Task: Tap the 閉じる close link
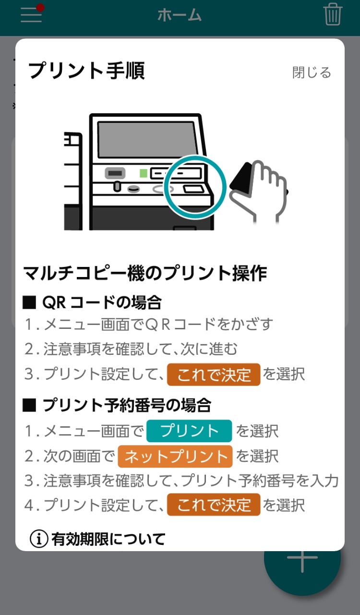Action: [x=312, y=72]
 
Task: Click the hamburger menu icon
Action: [x=31, y=15]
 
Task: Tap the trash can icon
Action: [x=333, y=14]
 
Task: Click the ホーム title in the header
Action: [x=180, y=15]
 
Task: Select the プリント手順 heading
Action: [x=86, y=71]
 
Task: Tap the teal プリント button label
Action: [x=189, y=431]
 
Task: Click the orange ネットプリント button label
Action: [x=175, y=456]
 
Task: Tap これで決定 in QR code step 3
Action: [x=214, y=374]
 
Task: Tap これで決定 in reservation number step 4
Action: [x=214, y=505]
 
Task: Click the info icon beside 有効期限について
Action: [x=39, y=539]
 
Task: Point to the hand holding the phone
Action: [x=259, y=190]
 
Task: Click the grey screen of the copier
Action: [x=147, y=140]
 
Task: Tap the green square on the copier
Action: [x=144, y=173]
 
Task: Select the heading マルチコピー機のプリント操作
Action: [x=145, y=274]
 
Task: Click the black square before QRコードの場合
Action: [x=29, y=302]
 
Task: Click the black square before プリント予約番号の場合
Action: [x=29, y=405]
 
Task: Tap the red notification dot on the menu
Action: [x=40, y=8]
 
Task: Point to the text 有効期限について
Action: [x=108, y=539]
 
